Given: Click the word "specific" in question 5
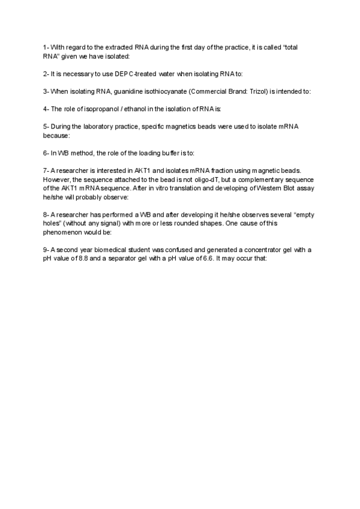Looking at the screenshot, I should (161, 127).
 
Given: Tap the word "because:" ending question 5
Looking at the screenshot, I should (56, 135).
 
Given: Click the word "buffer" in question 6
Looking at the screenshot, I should (166, 153).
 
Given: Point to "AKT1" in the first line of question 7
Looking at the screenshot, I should (147, 171).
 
